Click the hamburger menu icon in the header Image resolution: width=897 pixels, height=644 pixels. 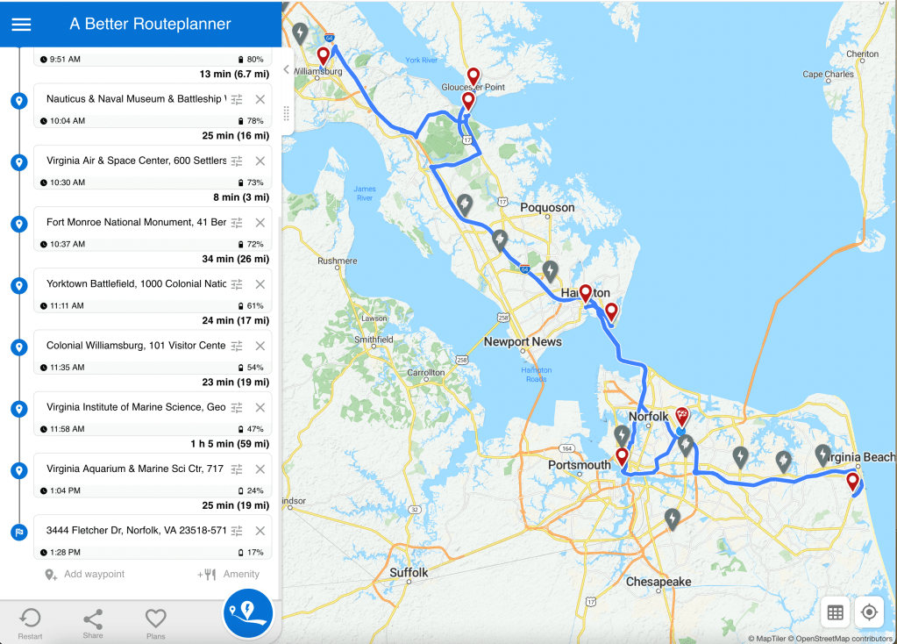click(21, 24)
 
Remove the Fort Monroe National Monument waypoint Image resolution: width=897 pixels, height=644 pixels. click(260, 223)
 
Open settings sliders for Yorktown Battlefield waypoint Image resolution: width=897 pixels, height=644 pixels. click(237, 284)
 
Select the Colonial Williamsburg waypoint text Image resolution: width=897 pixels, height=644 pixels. click(136, 346)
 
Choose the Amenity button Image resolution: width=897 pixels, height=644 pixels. click(229, 574)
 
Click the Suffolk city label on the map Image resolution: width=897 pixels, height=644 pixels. click(409, 573)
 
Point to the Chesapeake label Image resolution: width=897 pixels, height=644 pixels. click(659, 582)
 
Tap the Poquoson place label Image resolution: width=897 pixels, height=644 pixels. click(547, 208)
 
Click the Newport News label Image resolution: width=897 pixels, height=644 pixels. click(523, 341)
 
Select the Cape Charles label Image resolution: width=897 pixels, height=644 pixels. click(828, 75)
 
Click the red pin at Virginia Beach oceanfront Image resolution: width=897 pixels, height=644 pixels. click(851, 482)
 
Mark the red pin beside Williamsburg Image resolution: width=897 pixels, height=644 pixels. click(323, 55)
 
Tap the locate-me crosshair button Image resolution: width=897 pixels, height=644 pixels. click(869, 612)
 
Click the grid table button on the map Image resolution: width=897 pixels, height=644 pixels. click(835, 612)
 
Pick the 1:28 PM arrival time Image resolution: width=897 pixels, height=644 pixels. click(66, 553)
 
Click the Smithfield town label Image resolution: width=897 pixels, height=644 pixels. click(373, 340)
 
